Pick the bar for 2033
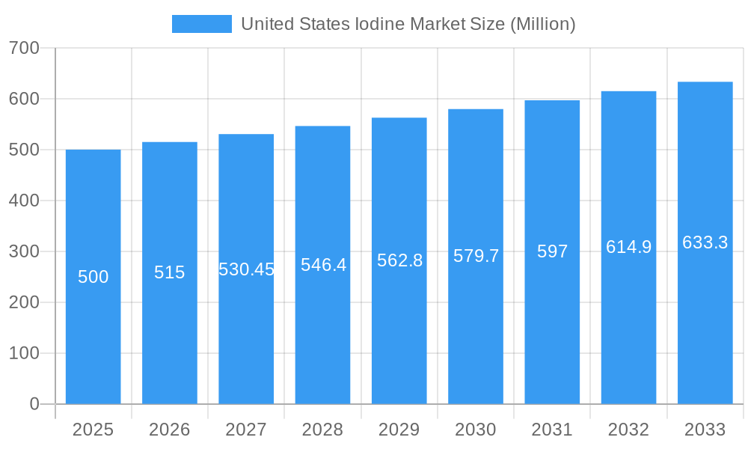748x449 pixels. (x=705, y=314)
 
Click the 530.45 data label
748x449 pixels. (x=246, y=269)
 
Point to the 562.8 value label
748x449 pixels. (x=399, y=260)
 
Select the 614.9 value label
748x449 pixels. (x=628, y=247)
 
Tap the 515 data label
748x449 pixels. (x=170, y=272)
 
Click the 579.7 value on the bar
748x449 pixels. (x=476, y=256)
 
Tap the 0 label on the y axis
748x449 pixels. (x=34, y=404)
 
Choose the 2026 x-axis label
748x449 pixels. (x=170, y=430)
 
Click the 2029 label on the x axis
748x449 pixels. (x=399, y=430)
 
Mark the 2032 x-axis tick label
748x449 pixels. (x=628, y=430)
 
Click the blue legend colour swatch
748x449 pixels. (x=201, y=24)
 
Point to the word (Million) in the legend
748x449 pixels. (x=542, y=24)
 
